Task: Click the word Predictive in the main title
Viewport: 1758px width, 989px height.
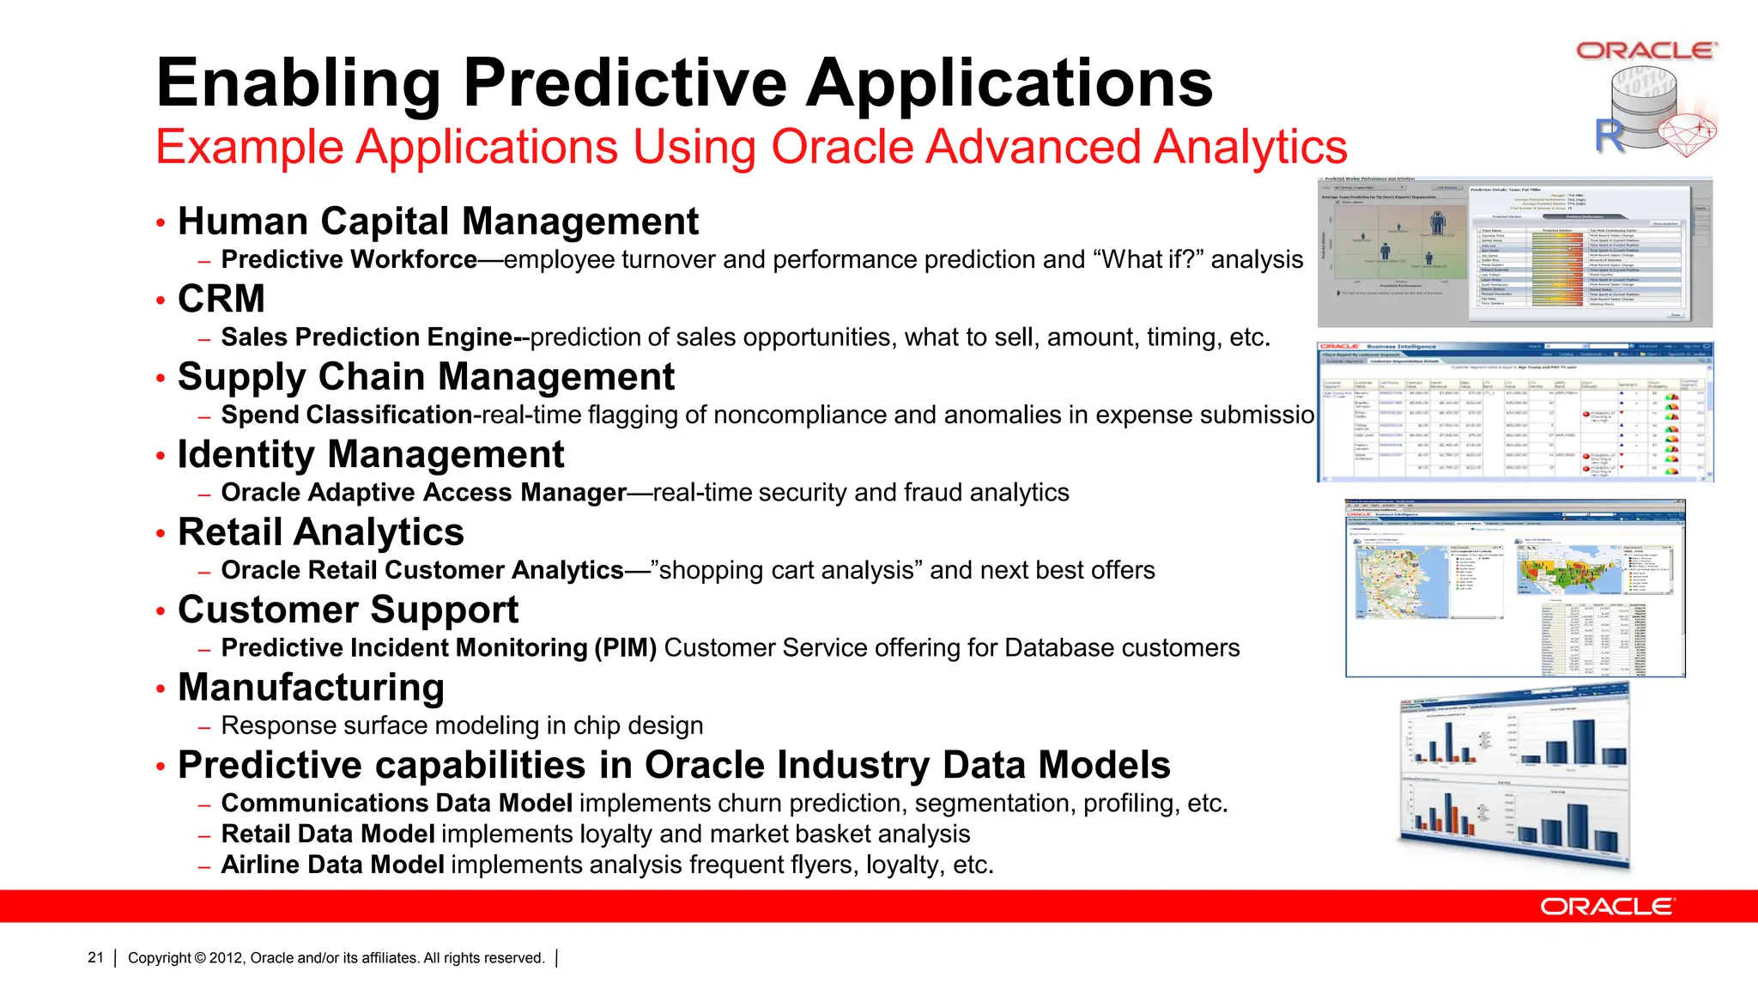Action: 625,83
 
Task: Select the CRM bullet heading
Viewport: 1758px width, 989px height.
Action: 221,299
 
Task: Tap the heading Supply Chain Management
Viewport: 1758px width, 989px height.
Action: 426,377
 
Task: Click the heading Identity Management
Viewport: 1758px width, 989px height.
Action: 371,454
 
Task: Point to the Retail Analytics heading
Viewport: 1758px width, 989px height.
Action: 320,532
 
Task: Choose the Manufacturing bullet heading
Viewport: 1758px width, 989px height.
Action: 311,688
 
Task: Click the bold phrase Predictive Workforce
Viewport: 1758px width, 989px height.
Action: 349,259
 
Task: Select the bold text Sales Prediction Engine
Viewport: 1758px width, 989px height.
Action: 367,337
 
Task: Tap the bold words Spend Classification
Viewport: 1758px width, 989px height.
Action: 347,415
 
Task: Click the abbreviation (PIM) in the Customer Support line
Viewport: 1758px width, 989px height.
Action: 626,647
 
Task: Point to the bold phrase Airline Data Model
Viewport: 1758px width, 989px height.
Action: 333,865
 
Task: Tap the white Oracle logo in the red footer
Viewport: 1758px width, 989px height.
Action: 1606,907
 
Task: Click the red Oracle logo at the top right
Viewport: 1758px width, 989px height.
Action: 1646,51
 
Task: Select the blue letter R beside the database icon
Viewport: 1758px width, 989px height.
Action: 1609,135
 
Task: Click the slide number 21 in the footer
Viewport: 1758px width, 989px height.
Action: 95,957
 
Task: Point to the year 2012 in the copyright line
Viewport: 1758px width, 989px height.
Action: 226,958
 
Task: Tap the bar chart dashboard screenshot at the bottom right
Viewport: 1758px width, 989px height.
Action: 1515,777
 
